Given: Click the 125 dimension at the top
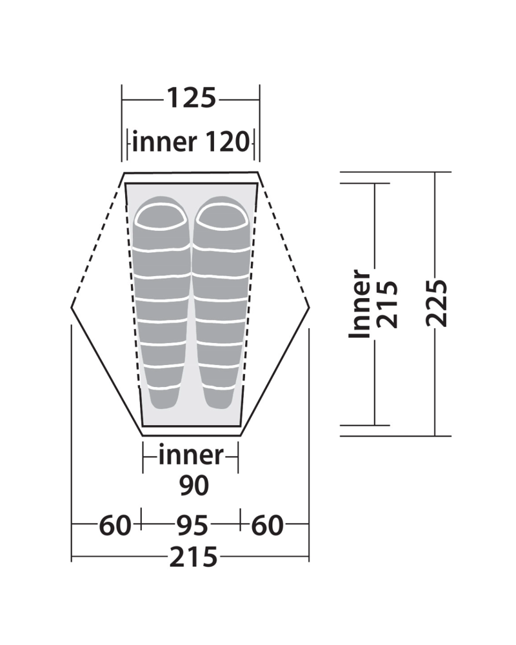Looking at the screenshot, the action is click(x=192, y=99).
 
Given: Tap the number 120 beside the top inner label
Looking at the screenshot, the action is click(x=227, y=142).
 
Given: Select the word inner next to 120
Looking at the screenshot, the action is click(x=164, y=142).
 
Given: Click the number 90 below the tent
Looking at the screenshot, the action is click(x=193, y=486).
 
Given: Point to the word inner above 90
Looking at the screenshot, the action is click(x=191, y=455).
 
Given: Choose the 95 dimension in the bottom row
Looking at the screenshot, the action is click(x=192, y=525).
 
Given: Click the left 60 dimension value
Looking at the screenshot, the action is click(x=115, y=525).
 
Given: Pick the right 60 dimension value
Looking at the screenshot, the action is click(x=268, y=525).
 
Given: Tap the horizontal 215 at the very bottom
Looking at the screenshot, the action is click(x=193, y=557).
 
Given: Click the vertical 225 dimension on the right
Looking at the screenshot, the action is click(x=437, y=303).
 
